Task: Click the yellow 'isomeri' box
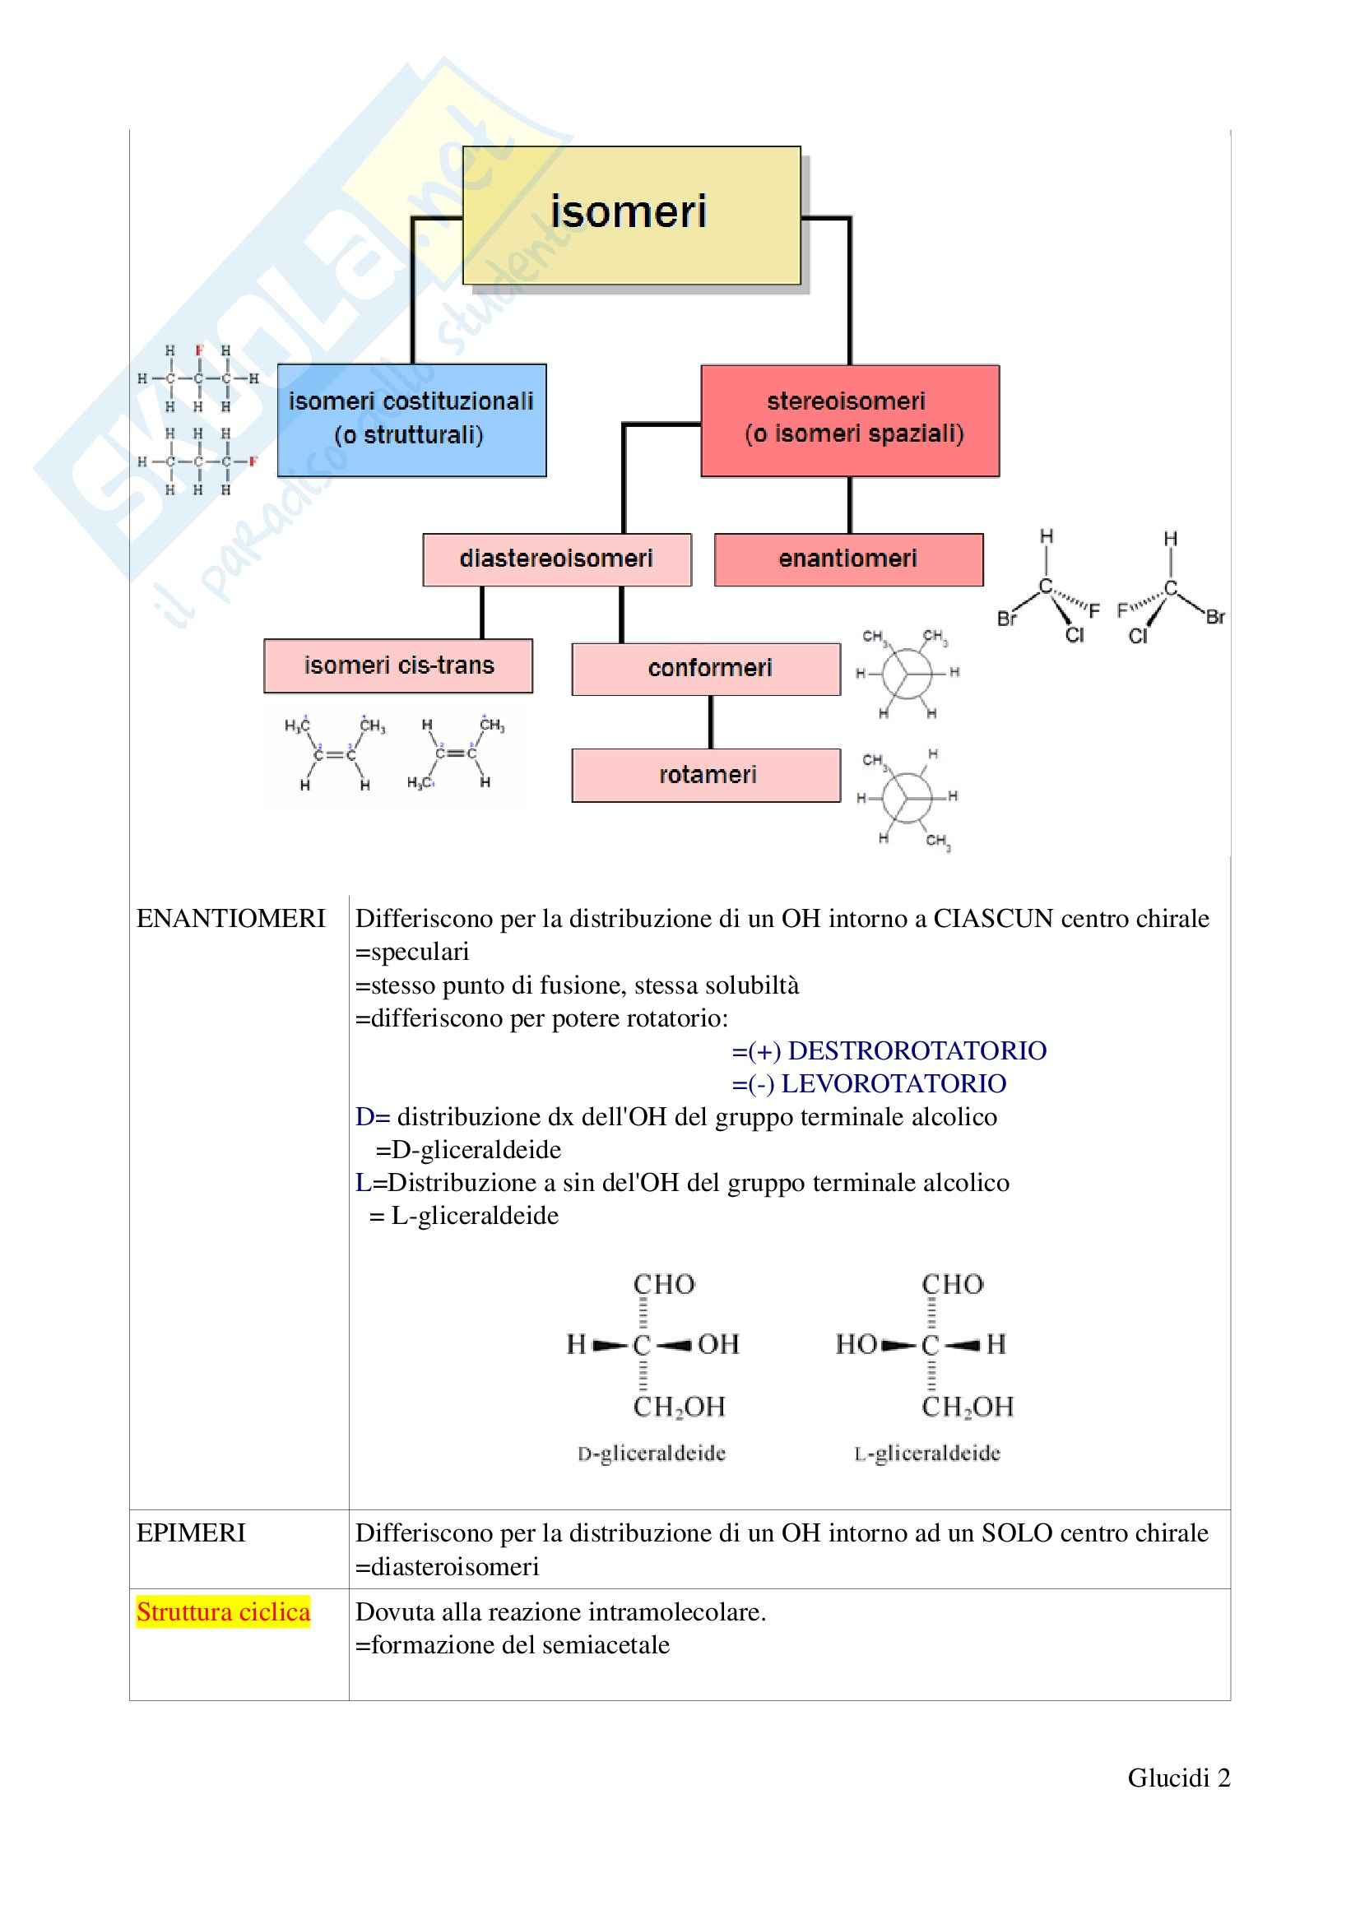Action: tap(631, 215)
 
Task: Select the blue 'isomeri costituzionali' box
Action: tap(411, 420)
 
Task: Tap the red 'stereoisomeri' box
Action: tap(850, 420)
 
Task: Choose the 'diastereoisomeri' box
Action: tap(556, 559)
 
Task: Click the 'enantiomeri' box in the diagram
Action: tap(848, 559)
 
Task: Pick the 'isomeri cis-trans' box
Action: tap(398, 665)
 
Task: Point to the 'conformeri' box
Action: tap(706, 669)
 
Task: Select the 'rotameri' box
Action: tap(706, 775)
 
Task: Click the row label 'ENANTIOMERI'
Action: tap(230, 919)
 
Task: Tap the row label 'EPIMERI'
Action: tap(191, 1532)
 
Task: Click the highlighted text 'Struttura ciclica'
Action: tap(223, 1611)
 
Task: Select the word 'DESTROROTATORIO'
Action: tap(917, 1050)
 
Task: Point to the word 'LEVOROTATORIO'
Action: tap(894, 1083)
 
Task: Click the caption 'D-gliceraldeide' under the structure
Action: tap(651, 1453)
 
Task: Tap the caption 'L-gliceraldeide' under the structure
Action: tap(926, 1453)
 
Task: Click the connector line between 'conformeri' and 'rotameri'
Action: tap(711, 721)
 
